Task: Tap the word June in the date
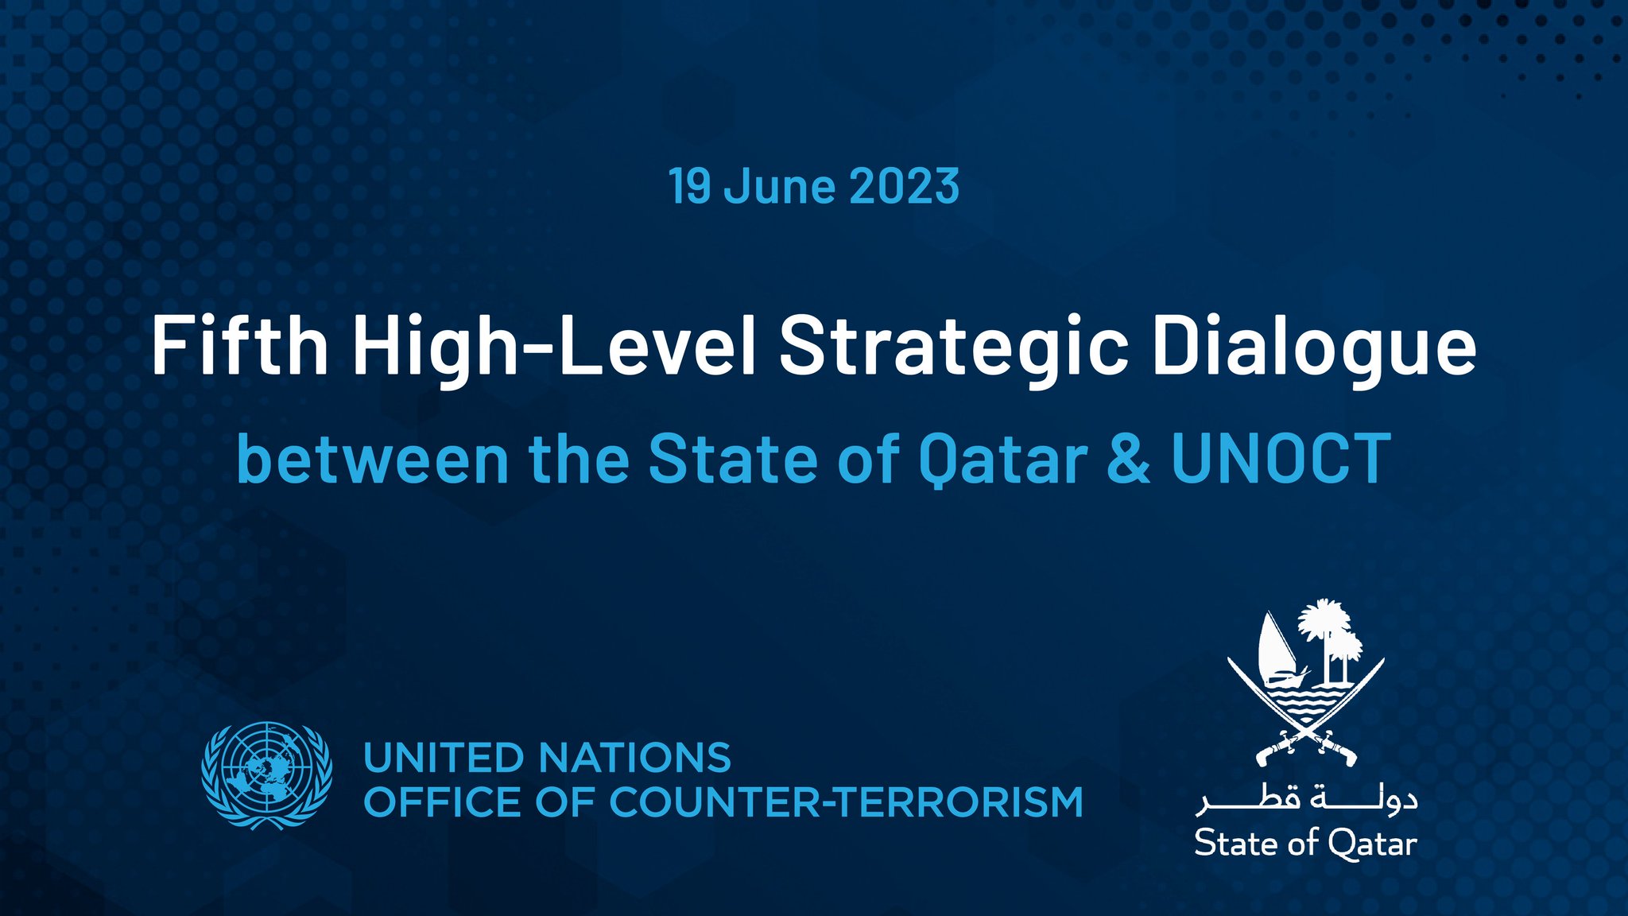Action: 780,187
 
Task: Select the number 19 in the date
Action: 689,187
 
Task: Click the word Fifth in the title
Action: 239,346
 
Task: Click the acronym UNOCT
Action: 1281,459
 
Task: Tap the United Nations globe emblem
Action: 266,775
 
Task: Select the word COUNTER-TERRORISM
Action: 846,801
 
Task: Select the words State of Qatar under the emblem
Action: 1305,844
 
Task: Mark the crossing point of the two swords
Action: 1305,725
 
